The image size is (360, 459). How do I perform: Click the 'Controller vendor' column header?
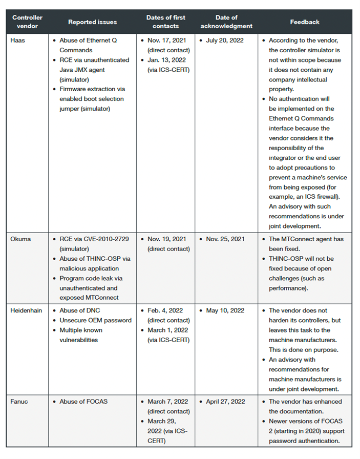click(x=27, y=22)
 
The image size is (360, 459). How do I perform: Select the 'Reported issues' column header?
click(x=93, y=22)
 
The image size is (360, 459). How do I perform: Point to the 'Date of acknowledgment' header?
click(x=226, y=22)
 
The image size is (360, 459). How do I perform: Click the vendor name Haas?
click(x=19, y=40)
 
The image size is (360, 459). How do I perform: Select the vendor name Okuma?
click(x=22, y=239)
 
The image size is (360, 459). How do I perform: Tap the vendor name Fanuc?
click(x=20, y=402)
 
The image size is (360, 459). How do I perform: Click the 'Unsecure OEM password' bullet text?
click(x=96, y=320)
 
